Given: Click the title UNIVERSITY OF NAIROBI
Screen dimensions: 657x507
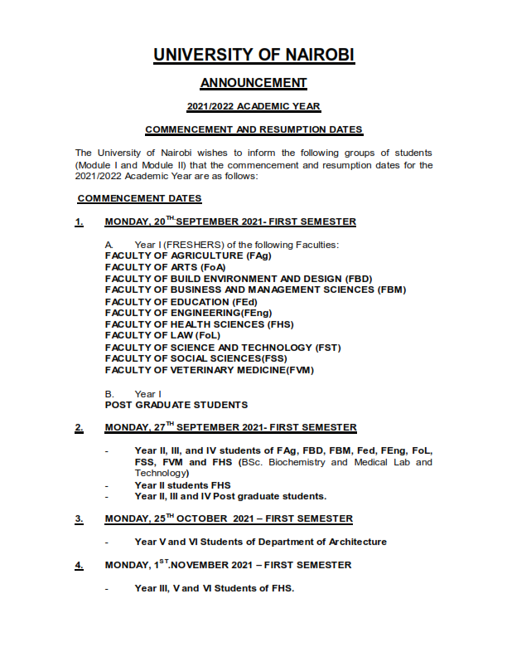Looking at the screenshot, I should coord(254,55).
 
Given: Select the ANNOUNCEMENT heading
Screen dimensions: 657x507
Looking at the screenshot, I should coord(254,82).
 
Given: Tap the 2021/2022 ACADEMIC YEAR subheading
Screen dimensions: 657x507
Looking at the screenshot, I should coord(254,107).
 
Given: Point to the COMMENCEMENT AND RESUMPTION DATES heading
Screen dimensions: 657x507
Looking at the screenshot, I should coord(254,130).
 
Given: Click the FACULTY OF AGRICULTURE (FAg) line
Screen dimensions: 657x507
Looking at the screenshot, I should coord(183,255).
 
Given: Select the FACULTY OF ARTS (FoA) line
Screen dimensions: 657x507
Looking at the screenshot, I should coord(164,267).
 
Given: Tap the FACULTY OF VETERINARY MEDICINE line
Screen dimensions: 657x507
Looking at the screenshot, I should coord(210,369).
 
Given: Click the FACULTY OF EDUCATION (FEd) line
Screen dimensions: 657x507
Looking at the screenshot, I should coord(181,301).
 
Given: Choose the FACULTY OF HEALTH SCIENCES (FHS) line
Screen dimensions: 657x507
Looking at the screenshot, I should coord(200,324).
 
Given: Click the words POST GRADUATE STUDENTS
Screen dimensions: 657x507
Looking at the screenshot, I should coord(176,405).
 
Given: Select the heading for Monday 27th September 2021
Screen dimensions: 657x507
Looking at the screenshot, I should coord(230,428).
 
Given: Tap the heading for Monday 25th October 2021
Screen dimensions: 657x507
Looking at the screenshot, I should coord(229,519).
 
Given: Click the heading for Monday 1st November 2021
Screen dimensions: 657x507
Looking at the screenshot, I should coord(228,566).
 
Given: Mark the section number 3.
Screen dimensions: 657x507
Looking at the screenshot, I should coord(79,519).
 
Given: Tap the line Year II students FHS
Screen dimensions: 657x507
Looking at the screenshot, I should coord(182,484).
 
